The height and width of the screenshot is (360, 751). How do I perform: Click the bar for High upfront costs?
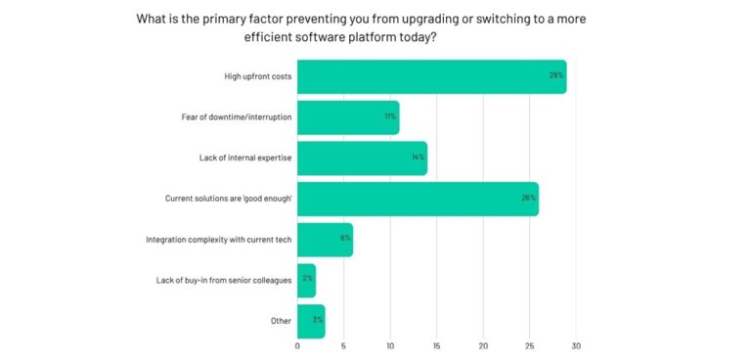(430, 76)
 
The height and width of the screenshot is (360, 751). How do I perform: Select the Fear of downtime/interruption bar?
(347, 117)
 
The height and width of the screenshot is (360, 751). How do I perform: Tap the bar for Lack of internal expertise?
(362, 157)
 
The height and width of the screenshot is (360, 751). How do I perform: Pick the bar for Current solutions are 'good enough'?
(418, 199)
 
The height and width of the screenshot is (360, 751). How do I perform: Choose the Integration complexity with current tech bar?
(325, 239)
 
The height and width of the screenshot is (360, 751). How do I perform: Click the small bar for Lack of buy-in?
(306, 280)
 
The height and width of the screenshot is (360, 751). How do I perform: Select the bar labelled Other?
(311, 320)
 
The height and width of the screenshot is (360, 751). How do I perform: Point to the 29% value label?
(556, 76)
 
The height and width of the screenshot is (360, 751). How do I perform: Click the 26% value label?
(529, 199)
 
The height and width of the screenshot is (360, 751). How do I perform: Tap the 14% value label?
(418, 157)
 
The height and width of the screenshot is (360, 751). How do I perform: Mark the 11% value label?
(389, 117)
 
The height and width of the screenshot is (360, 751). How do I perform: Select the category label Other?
(280, 320)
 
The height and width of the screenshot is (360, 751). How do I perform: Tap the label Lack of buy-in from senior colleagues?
(224, 280)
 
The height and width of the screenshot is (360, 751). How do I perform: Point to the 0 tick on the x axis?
(297, 345)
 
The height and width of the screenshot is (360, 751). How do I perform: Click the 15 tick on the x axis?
(436, 345)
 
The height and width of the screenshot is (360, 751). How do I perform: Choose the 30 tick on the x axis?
(576, 345)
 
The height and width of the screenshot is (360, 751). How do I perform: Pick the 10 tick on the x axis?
(390, 345)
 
